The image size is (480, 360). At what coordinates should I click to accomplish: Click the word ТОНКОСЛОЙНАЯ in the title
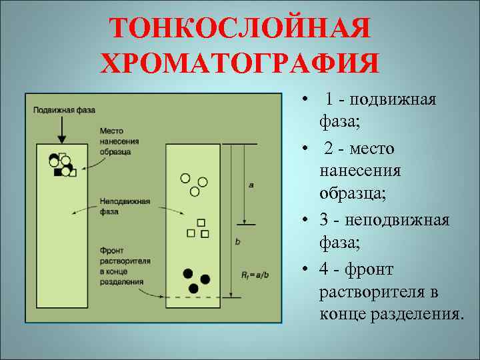239,28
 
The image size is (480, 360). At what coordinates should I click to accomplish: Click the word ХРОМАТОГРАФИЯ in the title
239,63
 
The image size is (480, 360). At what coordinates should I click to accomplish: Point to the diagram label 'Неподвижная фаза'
125,206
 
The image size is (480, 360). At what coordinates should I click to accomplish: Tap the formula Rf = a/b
254,274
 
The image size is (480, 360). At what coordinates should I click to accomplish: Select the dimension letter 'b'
237,241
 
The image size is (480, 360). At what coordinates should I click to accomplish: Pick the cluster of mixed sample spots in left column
61,164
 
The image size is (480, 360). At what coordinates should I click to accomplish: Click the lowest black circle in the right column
193,288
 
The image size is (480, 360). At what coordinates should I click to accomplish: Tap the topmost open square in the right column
201,223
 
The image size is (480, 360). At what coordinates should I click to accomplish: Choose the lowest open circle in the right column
195,191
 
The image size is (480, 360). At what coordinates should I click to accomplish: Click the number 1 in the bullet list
331,100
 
